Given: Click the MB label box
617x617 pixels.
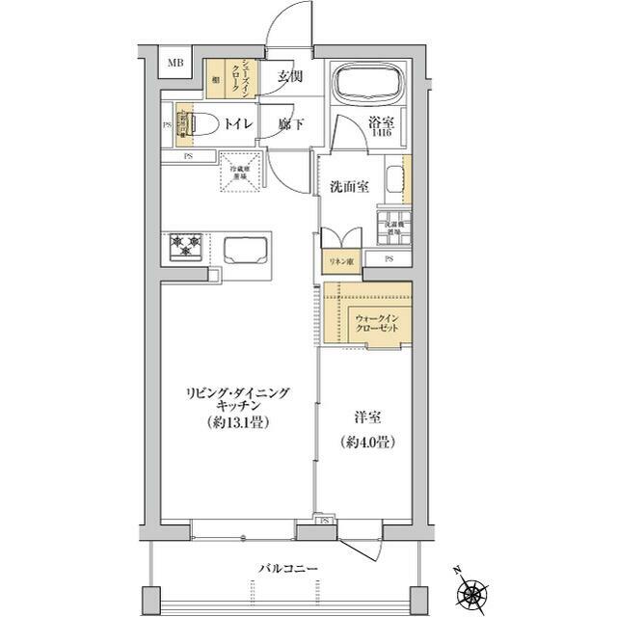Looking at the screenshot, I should pyautogui.click(x=175, y=64).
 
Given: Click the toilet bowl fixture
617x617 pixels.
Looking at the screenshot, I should pyautogui.click(x=200, y=123).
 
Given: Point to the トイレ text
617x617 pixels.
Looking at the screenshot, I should pyautogui.click(x=238, y=124).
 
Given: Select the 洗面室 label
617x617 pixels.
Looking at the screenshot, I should pyautogui.click(x=348, y=185).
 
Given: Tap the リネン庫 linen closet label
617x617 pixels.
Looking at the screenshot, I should pyautogui.click(x=336, y=261).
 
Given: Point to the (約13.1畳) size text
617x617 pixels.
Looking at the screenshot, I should pyautogui.click(x=237, y=422).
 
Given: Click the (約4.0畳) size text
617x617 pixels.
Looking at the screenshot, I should pyautogui.click(x=363, y=443).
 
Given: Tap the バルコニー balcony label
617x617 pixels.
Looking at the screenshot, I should pyautogui.click(x=286, y=568).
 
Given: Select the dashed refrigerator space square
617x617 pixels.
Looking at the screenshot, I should pyautogui.click(x=236, y=172).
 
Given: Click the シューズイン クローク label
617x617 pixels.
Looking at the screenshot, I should pyautogui.click(x=249, y=76).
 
